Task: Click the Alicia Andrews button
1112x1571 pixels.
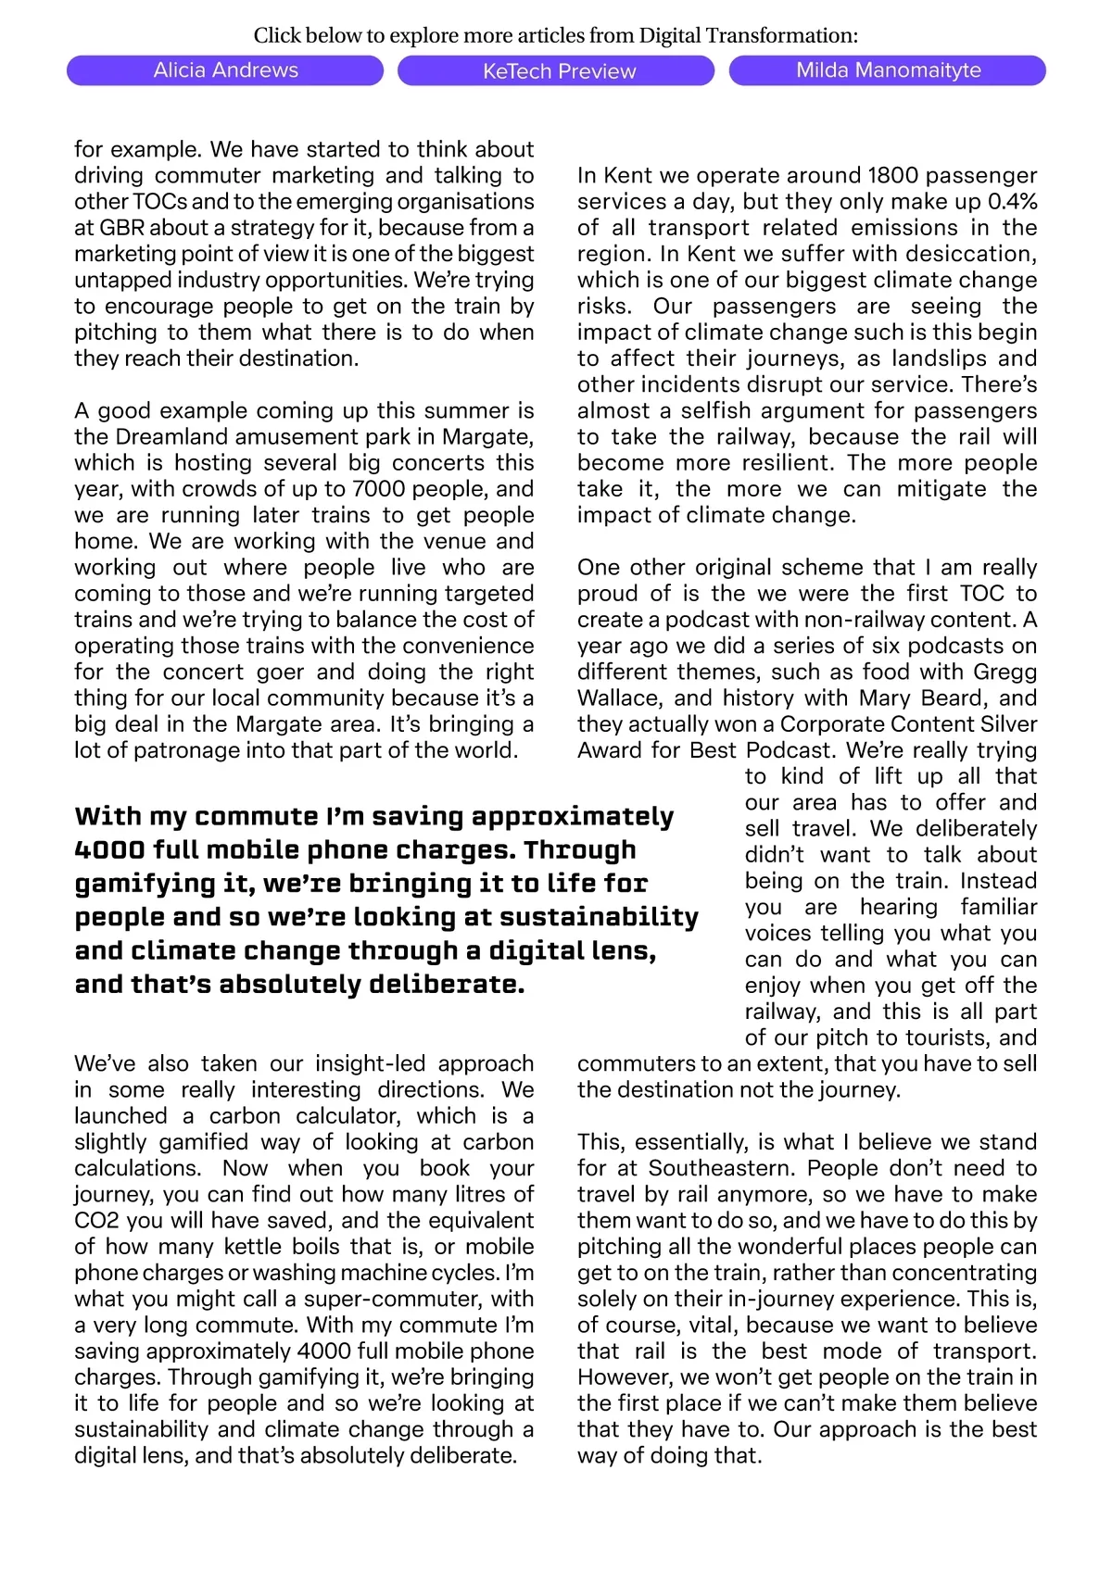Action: pyautogui.click(x=225, y=70)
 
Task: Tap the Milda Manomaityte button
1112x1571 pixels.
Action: pyautogui.click(x=888, y=70)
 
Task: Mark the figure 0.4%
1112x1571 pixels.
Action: pyautogui.click(x=1012, y=202)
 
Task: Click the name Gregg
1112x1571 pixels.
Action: pyautogui.click(x=1005, y=672)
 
